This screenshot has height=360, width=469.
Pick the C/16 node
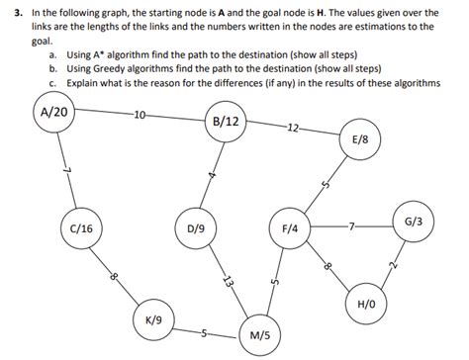tap(81, 226)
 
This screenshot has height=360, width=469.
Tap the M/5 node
tap(260, 335)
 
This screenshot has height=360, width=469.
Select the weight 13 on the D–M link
tap(229, 281)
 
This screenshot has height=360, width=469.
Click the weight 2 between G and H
tap(393, 265)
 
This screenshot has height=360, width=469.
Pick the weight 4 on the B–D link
tap(212, 176)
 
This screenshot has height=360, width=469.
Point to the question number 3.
tap(8, 13)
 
